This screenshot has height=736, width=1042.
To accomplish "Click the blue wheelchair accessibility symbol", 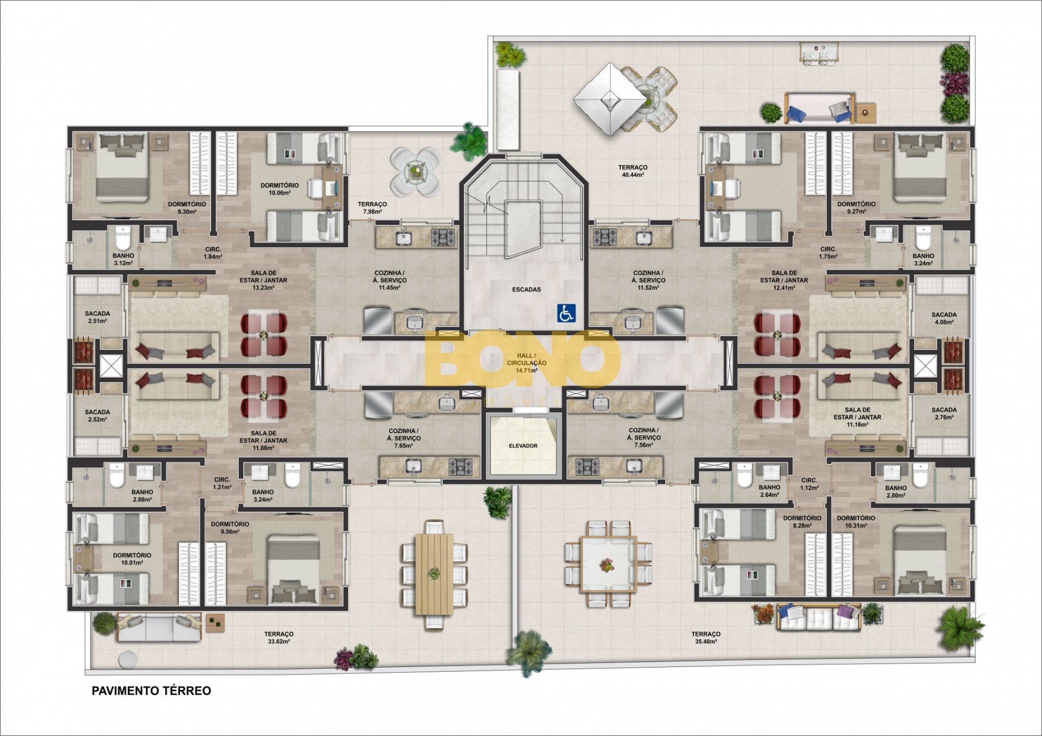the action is (566, 313).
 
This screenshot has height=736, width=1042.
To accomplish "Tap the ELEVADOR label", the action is (523, 446).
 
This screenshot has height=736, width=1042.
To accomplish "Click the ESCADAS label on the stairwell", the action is (526, 289).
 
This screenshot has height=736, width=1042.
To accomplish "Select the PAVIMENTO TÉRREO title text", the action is (151, 691).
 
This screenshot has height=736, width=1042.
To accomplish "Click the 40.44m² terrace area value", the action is (633, 175).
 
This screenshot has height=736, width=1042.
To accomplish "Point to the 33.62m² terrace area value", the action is (278, 642).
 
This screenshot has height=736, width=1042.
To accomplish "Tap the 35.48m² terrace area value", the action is (705, 642).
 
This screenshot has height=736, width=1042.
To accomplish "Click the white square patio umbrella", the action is (610, 99).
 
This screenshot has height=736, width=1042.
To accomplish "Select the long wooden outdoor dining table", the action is (434, 574).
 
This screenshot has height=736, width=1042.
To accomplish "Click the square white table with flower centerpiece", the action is (608, 565).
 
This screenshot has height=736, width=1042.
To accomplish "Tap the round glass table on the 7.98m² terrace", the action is (415, 171).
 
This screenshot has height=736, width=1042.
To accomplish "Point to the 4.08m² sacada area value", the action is (944, 323).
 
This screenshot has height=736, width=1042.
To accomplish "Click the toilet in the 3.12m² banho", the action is (123, 237).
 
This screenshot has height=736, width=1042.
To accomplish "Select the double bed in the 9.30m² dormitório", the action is (122, 167).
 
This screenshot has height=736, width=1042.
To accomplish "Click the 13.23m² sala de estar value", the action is (263, 287).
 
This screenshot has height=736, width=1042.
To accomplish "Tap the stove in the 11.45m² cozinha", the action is (444, 236).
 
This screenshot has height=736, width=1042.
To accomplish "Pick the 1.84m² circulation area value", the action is (213, 256).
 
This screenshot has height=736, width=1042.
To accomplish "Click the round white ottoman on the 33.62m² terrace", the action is (128, 660).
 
